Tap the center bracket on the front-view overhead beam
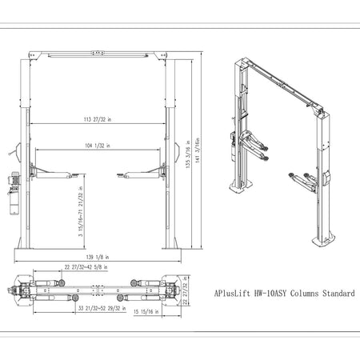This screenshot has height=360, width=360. [99, 54]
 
